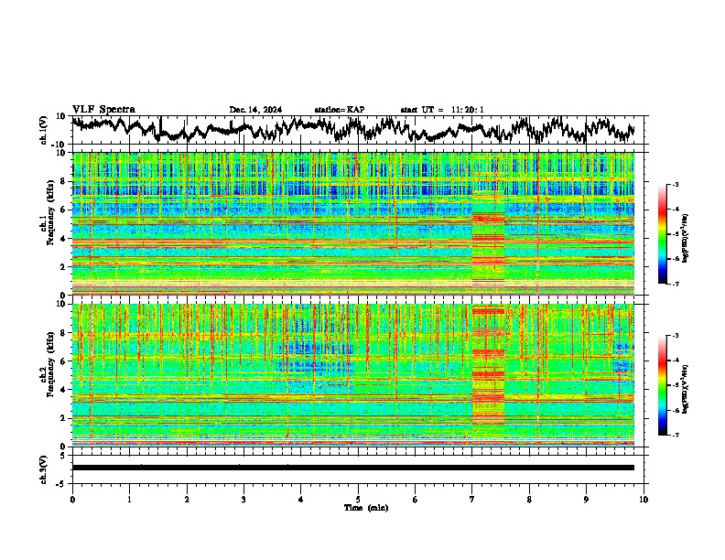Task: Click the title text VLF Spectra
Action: point(103,109)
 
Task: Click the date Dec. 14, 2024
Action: point(255,110)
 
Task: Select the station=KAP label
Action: point(339,110)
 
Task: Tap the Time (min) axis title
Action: point(365,507)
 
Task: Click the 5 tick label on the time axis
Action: point(358,499)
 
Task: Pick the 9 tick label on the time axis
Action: point(587,499)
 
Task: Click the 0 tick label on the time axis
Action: point(72,499)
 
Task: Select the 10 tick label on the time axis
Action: point(644,499)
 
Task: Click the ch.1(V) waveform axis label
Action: point(44,130)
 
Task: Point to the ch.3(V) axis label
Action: point(44,467)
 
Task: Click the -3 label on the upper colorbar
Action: point(675,185)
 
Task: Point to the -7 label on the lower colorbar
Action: point(675,436)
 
